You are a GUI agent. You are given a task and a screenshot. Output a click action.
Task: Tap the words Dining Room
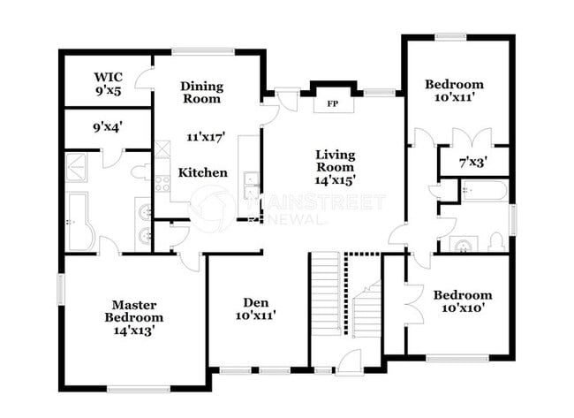201,93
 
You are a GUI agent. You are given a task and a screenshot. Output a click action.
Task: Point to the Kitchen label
202,173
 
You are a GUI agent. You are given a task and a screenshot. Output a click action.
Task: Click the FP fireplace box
333,104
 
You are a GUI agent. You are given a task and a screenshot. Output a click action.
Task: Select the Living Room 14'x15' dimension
336,180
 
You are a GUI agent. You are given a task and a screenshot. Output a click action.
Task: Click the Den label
256,303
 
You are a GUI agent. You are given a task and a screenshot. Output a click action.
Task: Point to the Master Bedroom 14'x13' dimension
133,331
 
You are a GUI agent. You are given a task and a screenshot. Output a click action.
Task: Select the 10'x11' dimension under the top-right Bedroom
456,99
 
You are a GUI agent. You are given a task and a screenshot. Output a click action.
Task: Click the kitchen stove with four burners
162,184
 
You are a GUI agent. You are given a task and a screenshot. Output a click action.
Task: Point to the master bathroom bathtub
77,221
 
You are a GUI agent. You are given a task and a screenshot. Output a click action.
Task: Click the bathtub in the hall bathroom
484,191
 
